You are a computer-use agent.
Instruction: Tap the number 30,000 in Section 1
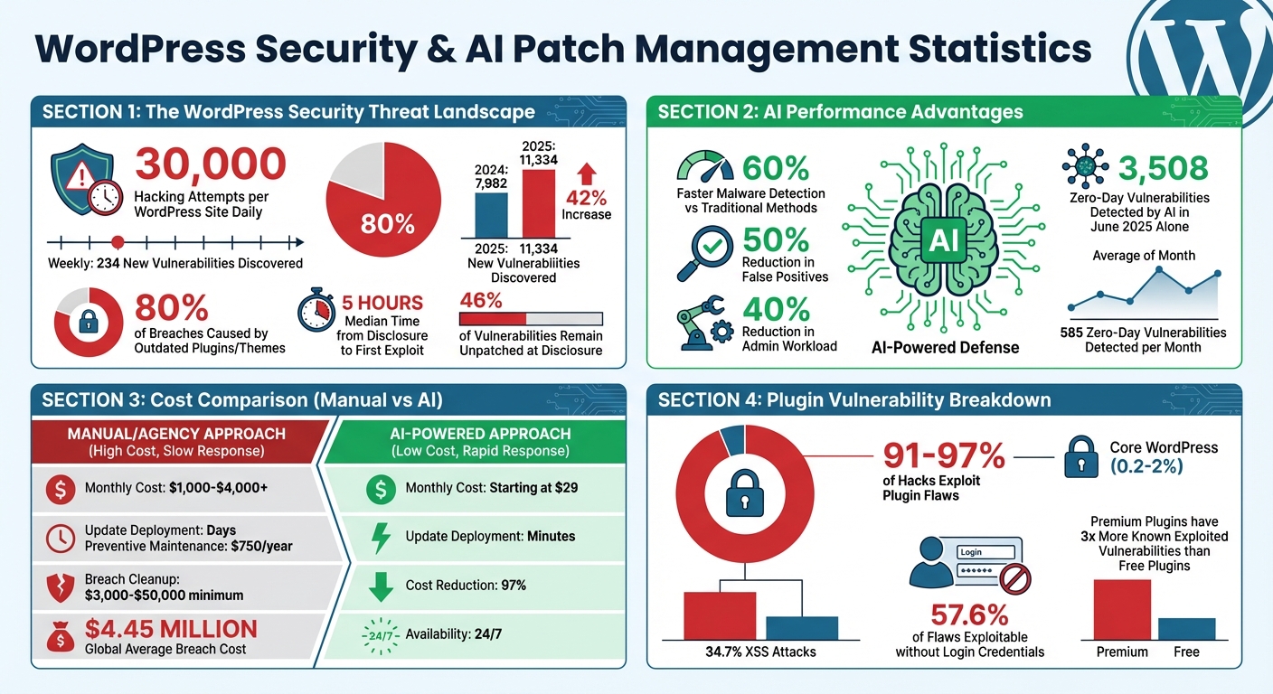click(x=210, y=164)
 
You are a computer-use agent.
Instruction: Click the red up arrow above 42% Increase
click(x=585, y=173)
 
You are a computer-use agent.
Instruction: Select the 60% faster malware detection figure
click(x=775, y=167)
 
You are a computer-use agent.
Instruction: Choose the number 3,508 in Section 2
click(x=1163, y=169)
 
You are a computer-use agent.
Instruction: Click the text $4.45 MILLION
click(x=171, y=629)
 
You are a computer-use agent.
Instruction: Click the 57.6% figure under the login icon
click(x=969, y=616)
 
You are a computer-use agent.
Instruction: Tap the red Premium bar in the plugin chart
click(x=1122, y=610)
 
